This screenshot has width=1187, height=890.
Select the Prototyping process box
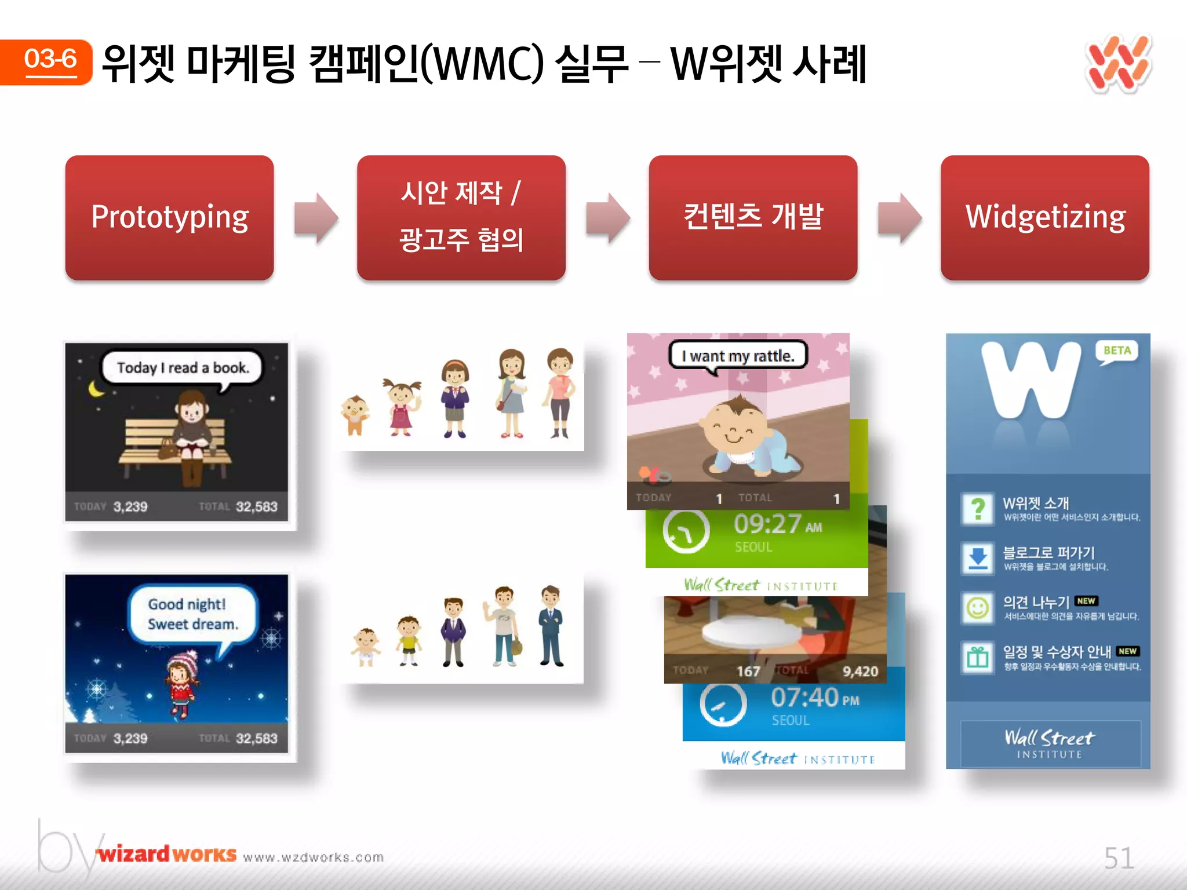pos(169,218)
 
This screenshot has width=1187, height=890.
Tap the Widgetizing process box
pos(1044,218)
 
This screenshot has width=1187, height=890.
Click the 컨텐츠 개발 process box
pos(753,218)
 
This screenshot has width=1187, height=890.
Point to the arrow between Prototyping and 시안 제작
pos(316,218)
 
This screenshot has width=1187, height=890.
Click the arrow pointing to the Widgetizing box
pos(900,218)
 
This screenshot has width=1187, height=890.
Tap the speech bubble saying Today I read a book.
pos(183,368)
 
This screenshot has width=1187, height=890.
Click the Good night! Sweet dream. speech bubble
pos(192,614)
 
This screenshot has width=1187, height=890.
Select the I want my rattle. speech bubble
pos(738,356)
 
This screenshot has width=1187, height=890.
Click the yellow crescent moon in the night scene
pos(96,389)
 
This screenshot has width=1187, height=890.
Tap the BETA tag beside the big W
pos(1117,351)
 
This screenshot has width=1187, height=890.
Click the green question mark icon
pos(978,509)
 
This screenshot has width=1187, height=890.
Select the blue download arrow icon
pos(978,558)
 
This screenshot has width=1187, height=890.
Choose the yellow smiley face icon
pos(978,608)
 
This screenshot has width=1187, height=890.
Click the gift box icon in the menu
pos(978,658)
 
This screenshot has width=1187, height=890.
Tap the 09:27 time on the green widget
pos(768,524)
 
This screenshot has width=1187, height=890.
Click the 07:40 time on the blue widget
pos(805,697)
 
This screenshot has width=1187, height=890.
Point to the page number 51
pos(1119,858)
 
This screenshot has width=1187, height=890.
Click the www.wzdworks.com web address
pos(314,857)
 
